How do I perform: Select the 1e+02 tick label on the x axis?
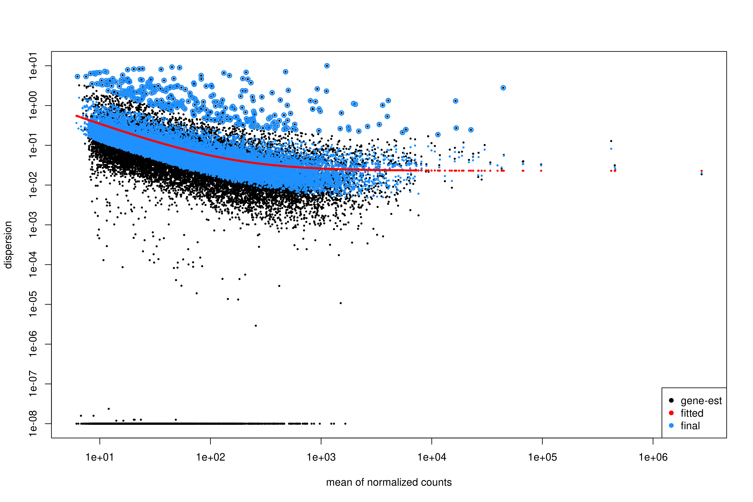[210, 457]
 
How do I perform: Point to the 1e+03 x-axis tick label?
[321, 457]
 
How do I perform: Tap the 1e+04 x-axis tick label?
[432, 457]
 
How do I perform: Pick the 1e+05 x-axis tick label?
[542, 457]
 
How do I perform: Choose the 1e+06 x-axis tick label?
[653, 457]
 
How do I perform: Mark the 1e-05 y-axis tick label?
[33, 304]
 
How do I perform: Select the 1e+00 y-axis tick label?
[33, 105]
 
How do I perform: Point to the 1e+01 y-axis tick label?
[33, 66]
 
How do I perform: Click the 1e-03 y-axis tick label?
[33, 225]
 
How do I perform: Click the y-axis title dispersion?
[8, 245]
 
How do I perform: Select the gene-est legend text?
[701, 401]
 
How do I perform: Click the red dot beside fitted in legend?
[671, 413]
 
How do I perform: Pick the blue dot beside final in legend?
[671, 425]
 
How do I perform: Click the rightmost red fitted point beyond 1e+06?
[702, 171]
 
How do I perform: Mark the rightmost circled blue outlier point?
[503, 88]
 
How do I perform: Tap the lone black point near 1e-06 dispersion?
[255, 326]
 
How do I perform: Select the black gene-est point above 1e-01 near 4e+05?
[611, 141]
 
